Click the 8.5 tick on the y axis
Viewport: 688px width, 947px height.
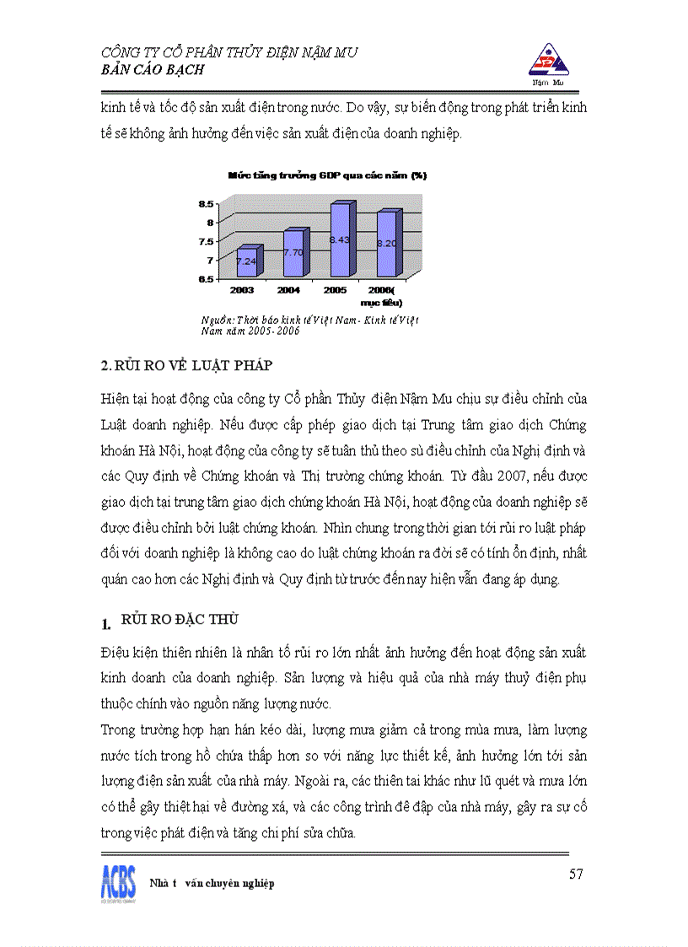tap(206, 203)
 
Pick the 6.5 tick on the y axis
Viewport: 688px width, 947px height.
tap(206, 279)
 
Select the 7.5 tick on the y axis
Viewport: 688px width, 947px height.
tap(206, 241)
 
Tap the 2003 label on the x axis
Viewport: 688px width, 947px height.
tap(242, 289)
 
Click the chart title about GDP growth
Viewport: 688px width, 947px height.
tap(327, 175)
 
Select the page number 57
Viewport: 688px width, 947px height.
tap(576, 874)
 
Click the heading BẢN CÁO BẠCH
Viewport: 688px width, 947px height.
tap(153, 70)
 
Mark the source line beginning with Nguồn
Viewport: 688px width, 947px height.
tap(309, 326)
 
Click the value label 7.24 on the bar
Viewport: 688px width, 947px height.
tap(246, 261)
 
